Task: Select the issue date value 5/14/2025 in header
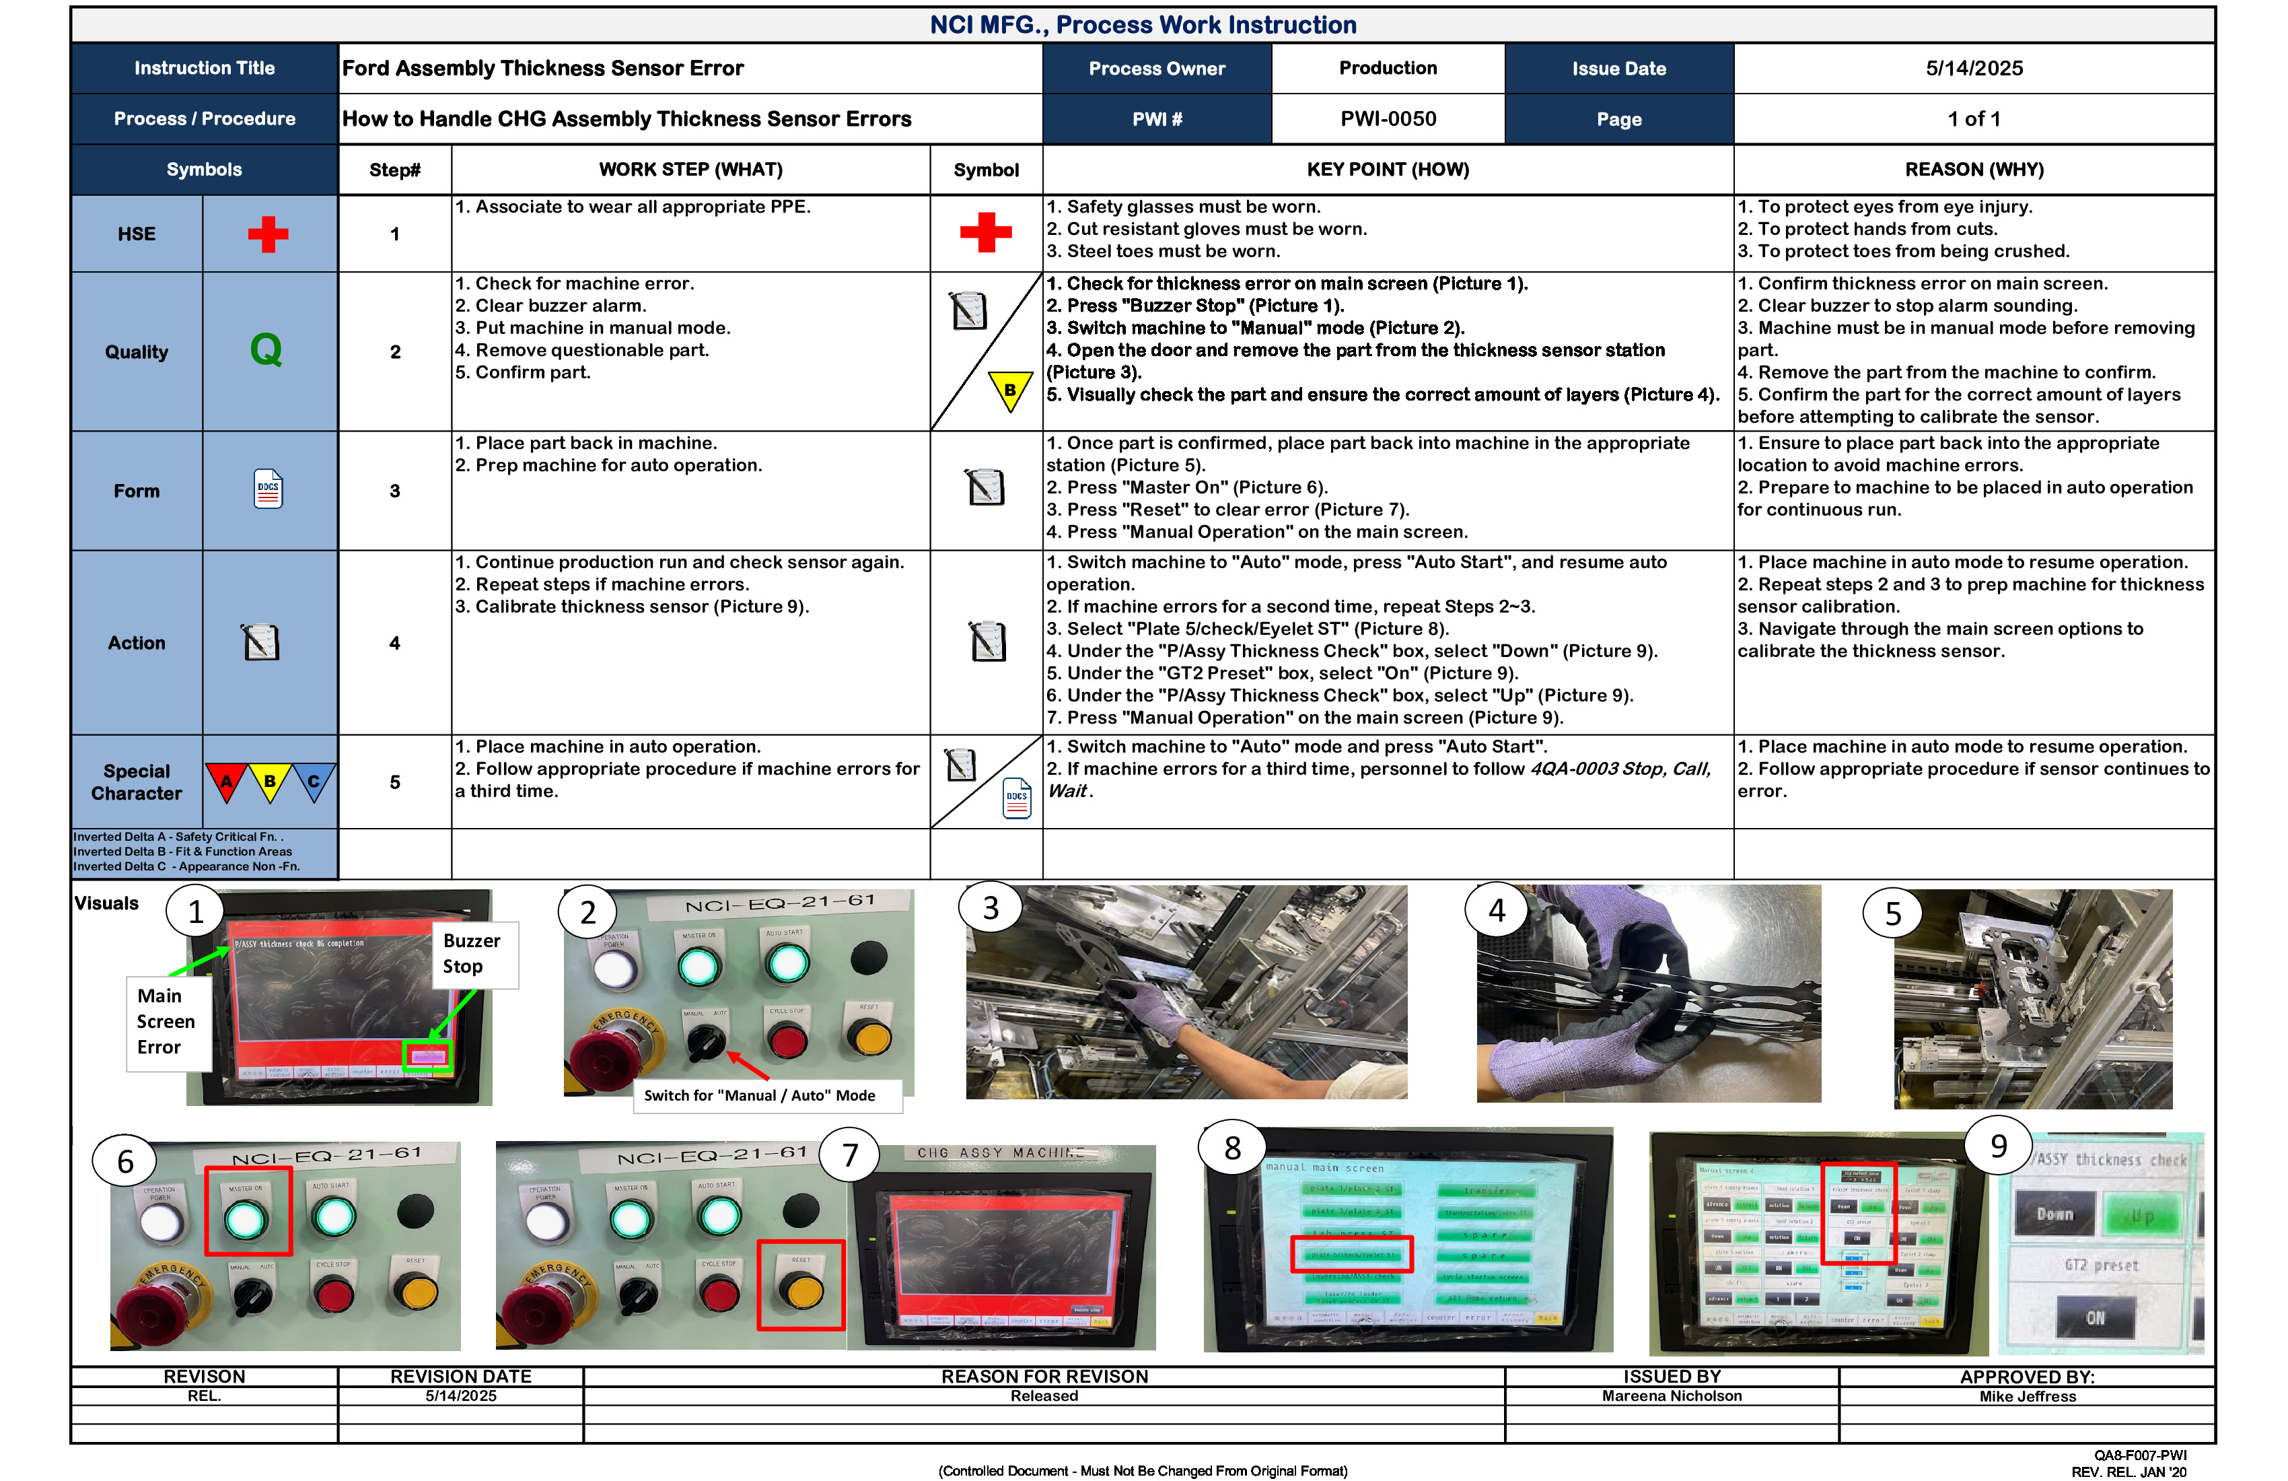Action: point(1974,68)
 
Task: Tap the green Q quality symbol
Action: point(266,350)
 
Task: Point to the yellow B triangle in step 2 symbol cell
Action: point(1009,390)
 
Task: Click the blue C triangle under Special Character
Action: point(314,781)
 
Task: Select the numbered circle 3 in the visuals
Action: point(990,908)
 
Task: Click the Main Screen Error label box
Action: point(166,1021)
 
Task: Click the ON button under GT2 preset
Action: point(2095,1317)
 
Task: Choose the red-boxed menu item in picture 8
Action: point(1351,1254)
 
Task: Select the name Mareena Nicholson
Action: point(1671,1396)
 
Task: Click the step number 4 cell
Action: point(394,642)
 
